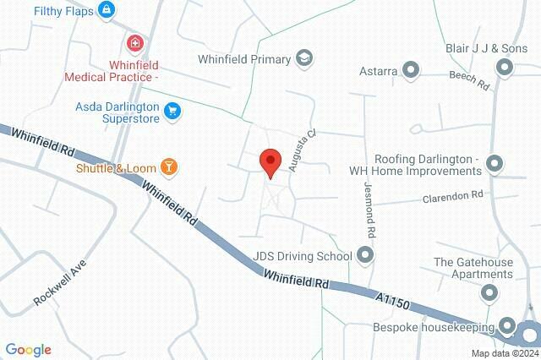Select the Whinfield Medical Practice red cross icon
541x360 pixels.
pyautogui.click(x=134, y=43)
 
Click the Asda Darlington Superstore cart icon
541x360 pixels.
pyautogui.click(x=172, y=110)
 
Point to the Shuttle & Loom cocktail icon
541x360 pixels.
pyautogui.click(x=170, y=167)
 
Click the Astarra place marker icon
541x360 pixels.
pyautogui.click(x=412, y=71)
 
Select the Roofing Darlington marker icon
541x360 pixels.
pyautogui.click(x=495, y=163)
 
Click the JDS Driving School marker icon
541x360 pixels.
pyautogui.click(x=365, y=254)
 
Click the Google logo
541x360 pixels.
pyautogui.click(x=28, y=350)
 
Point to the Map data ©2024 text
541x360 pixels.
pyautogui.click(x=504, y=353)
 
